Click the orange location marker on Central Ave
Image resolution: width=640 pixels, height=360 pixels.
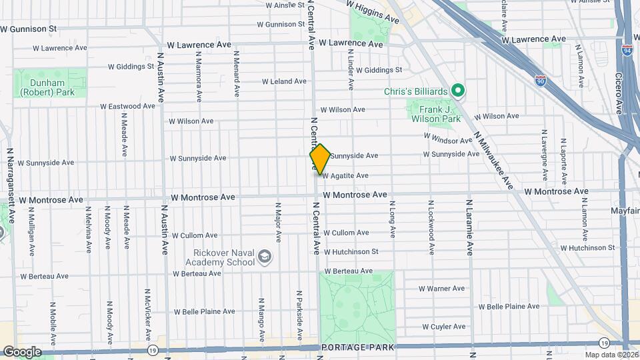(x=320, y=159)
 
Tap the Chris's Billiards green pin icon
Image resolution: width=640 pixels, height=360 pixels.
(x=457, y=90)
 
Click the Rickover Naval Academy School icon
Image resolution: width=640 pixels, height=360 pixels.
(x=265, y=257)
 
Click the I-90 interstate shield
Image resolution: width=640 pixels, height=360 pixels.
(x=540, y=80)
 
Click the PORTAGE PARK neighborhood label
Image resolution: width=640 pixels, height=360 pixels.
(x=357, y=348)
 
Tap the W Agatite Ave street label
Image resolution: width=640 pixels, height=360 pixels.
(x=345, y=176)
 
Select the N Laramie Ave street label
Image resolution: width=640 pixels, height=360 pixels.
(x=469, y=227)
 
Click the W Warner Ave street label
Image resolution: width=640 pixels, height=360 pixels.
(x=441, y=289)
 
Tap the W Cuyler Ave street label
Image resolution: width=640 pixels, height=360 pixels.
(x=443, y=327)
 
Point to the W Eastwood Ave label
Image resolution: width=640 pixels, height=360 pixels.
(x=128, y=106)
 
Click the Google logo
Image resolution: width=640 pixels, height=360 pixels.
(x=21, y=351)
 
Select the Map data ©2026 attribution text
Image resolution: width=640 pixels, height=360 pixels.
(x=611, y=355)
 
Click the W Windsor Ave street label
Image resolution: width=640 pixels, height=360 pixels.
(x=448, y=141)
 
